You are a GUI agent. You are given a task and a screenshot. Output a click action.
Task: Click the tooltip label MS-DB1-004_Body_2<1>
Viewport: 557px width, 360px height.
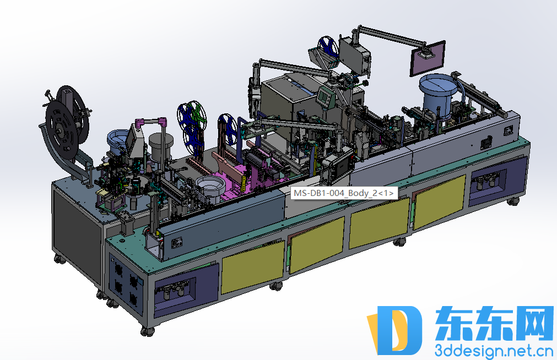344,193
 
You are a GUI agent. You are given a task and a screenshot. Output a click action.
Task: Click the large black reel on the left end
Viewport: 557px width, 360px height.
67,123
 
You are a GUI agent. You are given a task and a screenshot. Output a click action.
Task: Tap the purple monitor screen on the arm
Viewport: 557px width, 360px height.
428,58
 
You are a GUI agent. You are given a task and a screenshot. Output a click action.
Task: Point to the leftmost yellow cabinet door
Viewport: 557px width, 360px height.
252,266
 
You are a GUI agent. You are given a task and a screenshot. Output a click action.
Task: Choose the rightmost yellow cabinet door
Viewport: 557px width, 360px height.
439,201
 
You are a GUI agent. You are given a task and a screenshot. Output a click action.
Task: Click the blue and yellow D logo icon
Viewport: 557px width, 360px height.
394,330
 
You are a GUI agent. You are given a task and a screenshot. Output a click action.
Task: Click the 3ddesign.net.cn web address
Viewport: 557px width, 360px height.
494,351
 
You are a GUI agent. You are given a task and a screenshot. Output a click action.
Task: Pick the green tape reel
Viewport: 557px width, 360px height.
197,116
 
